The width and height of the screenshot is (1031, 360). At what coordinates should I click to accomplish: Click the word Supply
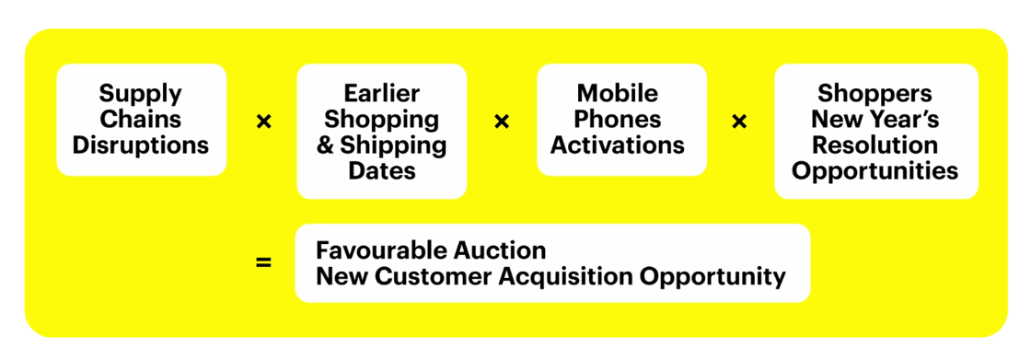(141, 94)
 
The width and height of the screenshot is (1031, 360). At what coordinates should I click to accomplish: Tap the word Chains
(141, 119)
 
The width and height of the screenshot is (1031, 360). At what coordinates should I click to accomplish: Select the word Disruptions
(141, 145)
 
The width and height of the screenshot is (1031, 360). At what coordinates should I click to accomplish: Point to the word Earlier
(381, 93)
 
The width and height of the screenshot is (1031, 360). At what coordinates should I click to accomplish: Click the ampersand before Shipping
(326, 145)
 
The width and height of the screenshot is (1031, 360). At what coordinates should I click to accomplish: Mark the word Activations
(618, 145)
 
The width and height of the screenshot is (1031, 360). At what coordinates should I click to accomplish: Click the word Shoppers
(875, 94)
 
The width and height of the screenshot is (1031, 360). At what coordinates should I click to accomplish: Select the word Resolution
(875, 145)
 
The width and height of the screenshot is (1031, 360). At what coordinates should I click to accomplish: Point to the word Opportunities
(875, 171)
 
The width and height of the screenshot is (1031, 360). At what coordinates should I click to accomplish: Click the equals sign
(263, 263)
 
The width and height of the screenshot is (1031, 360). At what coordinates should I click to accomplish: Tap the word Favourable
(376, 250)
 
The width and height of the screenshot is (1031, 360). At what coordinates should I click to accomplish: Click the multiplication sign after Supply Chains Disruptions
(263, 122)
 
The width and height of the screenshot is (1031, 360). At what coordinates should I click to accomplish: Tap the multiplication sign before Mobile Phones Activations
(502, 122)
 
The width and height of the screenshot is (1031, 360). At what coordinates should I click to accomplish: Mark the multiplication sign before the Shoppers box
(740, 122)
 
